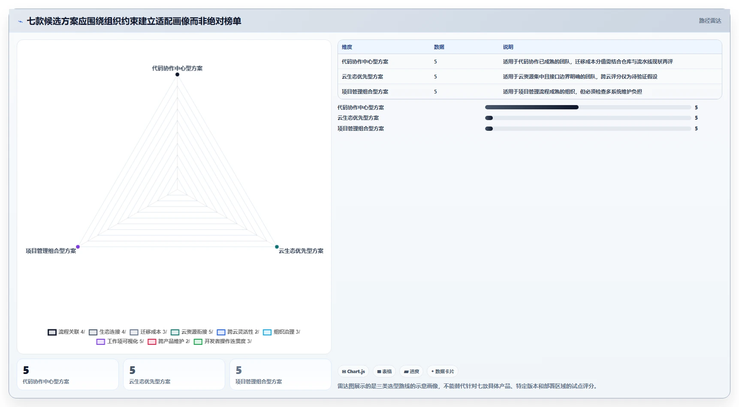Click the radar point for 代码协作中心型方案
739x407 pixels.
click(177, 75)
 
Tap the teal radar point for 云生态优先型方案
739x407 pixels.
click(277, 247)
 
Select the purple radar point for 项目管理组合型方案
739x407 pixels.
click(78, 247)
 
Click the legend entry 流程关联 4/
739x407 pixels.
click(66, 332)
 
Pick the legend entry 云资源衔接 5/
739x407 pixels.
click(192, 332)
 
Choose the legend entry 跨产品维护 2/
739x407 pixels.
click(169, 341)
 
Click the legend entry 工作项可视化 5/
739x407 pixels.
click(120, 341)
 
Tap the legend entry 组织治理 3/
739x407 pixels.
click(281, 332)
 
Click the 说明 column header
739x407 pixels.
click(508, 47)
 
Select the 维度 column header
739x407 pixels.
click(347, 47)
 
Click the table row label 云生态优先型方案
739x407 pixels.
click(362, 77)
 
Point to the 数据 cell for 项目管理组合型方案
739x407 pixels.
click(435, 92)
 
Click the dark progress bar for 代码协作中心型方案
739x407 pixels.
click(532, 107)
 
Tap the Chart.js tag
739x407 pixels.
click(353, 371)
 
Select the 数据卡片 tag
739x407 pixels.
click(442, 371)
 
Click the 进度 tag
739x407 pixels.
click(411, 371)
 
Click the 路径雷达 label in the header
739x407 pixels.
click(710, 21)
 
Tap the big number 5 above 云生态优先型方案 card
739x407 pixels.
click(133, 370)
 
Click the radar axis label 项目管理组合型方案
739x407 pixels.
click(51, 251)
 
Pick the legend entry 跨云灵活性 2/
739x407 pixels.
click(238, 332)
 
